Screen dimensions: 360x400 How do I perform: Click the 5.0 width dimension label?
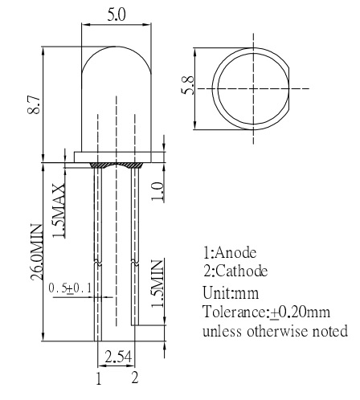(x=117, y=14)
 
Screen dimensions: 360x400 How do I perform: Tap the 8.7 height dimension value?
(x=34, y=105)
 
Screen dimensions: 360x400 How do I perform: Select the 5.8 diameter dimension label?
(x=188, y=85)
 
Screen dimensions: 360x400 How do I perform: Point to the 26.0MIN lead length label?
(x=36, y=252)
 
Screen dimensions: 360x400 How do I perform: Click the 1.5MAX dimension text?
(x=59, y=210)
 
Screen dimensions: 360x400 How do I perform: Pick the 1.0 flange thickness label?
(x=157, y=191)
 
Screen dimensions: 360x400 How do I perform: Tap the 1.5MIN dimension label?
(x=157, y=284)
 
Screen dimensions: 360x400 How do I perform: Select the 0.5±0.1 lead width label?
(x=70, y=288)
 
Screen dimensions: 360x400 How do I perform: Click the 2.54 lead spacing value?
(x=118, y=357)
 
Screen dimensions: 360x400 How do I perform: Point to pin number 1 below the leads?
(x=99, y=378)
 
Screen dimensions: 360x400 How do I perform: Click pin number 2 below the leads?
(x=135, y=378)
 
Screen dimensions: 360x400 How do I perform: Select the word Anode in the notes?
(x=235, y=252)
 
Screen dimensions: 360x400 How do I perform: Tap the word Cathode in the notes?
(x=241, y=271)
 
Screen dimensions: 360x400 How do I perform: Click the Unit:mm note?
(x=231, y=292)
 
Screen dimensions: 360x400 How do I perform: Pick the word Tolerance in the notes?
(x=234, y=312)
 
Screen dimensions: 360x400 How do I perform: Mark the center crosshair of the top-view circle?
(x=253, y=88)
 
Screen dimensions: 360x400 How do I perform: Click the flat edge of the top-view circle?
(x=288, y=88)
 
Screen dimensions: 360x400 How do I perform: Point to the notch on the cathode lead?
(x=135, y=262)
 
